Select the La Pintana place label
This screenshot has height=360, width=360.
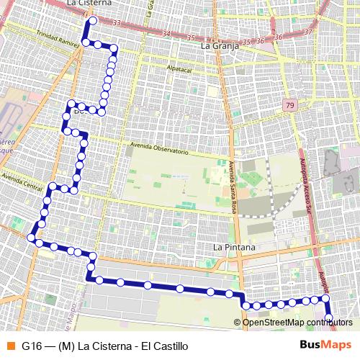pyautogui.click(x=235, y=247)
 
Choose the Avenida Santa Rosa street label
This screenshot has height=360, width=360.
pyautogui.click(x=233, y=183)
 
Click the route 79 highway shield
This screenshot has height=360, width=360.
pyautogui.click(x=289, y=105)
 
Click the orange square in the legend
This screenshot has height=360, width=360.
pyautogui.click(x=10, y=346)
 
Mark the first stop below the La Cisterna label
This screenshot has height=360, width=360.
pyautogui.click(x=89, y=20)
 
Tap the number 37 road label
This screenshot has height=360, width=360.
pyautogui.click(x=307, y=32)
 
